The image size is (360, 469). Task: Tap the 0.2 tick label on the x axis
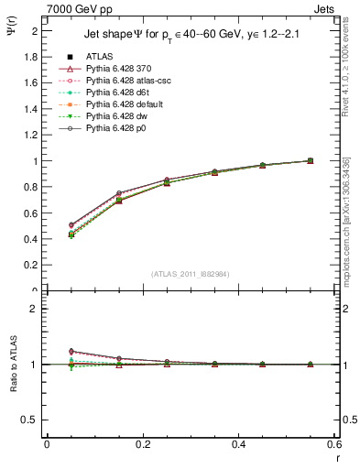point(142,444)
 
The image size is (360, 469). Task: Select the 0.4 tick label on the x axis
point(240,444)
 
